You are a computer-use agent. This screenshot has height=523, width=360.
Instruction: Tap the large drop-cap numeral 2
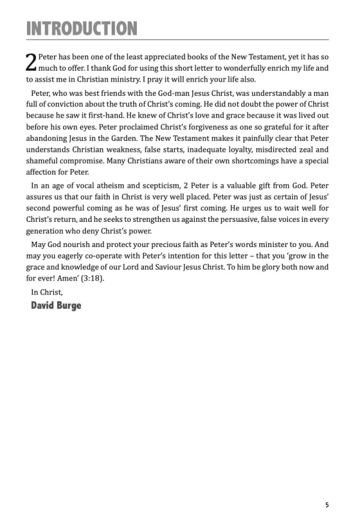[x=31, y=62]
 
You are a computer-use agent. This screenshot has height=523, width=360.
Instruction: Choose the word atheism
[x=99, y=203]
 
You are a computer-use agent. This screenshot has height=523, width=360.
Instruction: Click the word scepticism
[x=149, y=203]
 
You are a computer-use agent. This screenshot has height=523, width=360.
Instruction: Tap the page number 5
[x=327, y=505]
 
